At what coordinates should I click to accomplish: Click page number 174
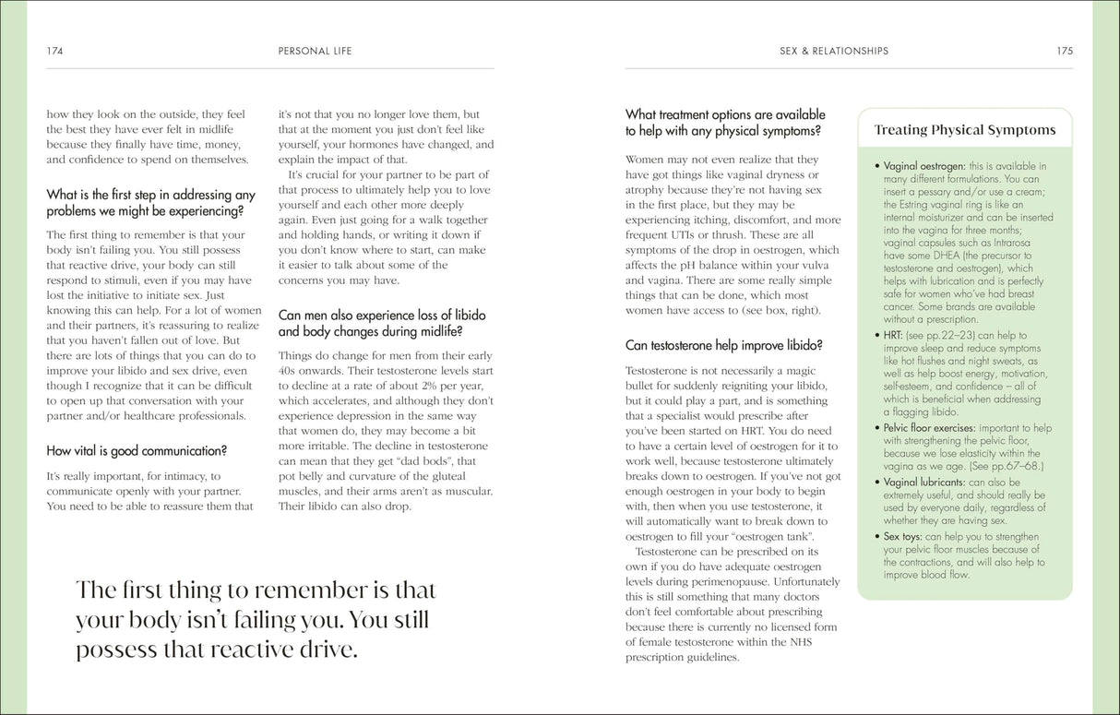pyautogui.click(x=54, y=51)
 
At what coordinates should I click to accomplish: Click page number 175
pyautogui.click(x=1065, y=51)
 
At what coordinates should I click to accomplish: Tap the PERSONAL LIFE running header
pyautogui.click(x=316, y=51)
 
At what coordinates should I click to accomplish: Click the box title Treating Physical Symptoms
pyautogui.click(x=964, y=130)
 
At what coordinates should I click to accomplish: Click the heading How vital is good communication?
pyautogui.click(x=137, y=451)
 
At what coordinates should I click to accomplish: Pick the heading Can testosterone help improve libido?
pyautogui.click(x=724, y=346)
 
